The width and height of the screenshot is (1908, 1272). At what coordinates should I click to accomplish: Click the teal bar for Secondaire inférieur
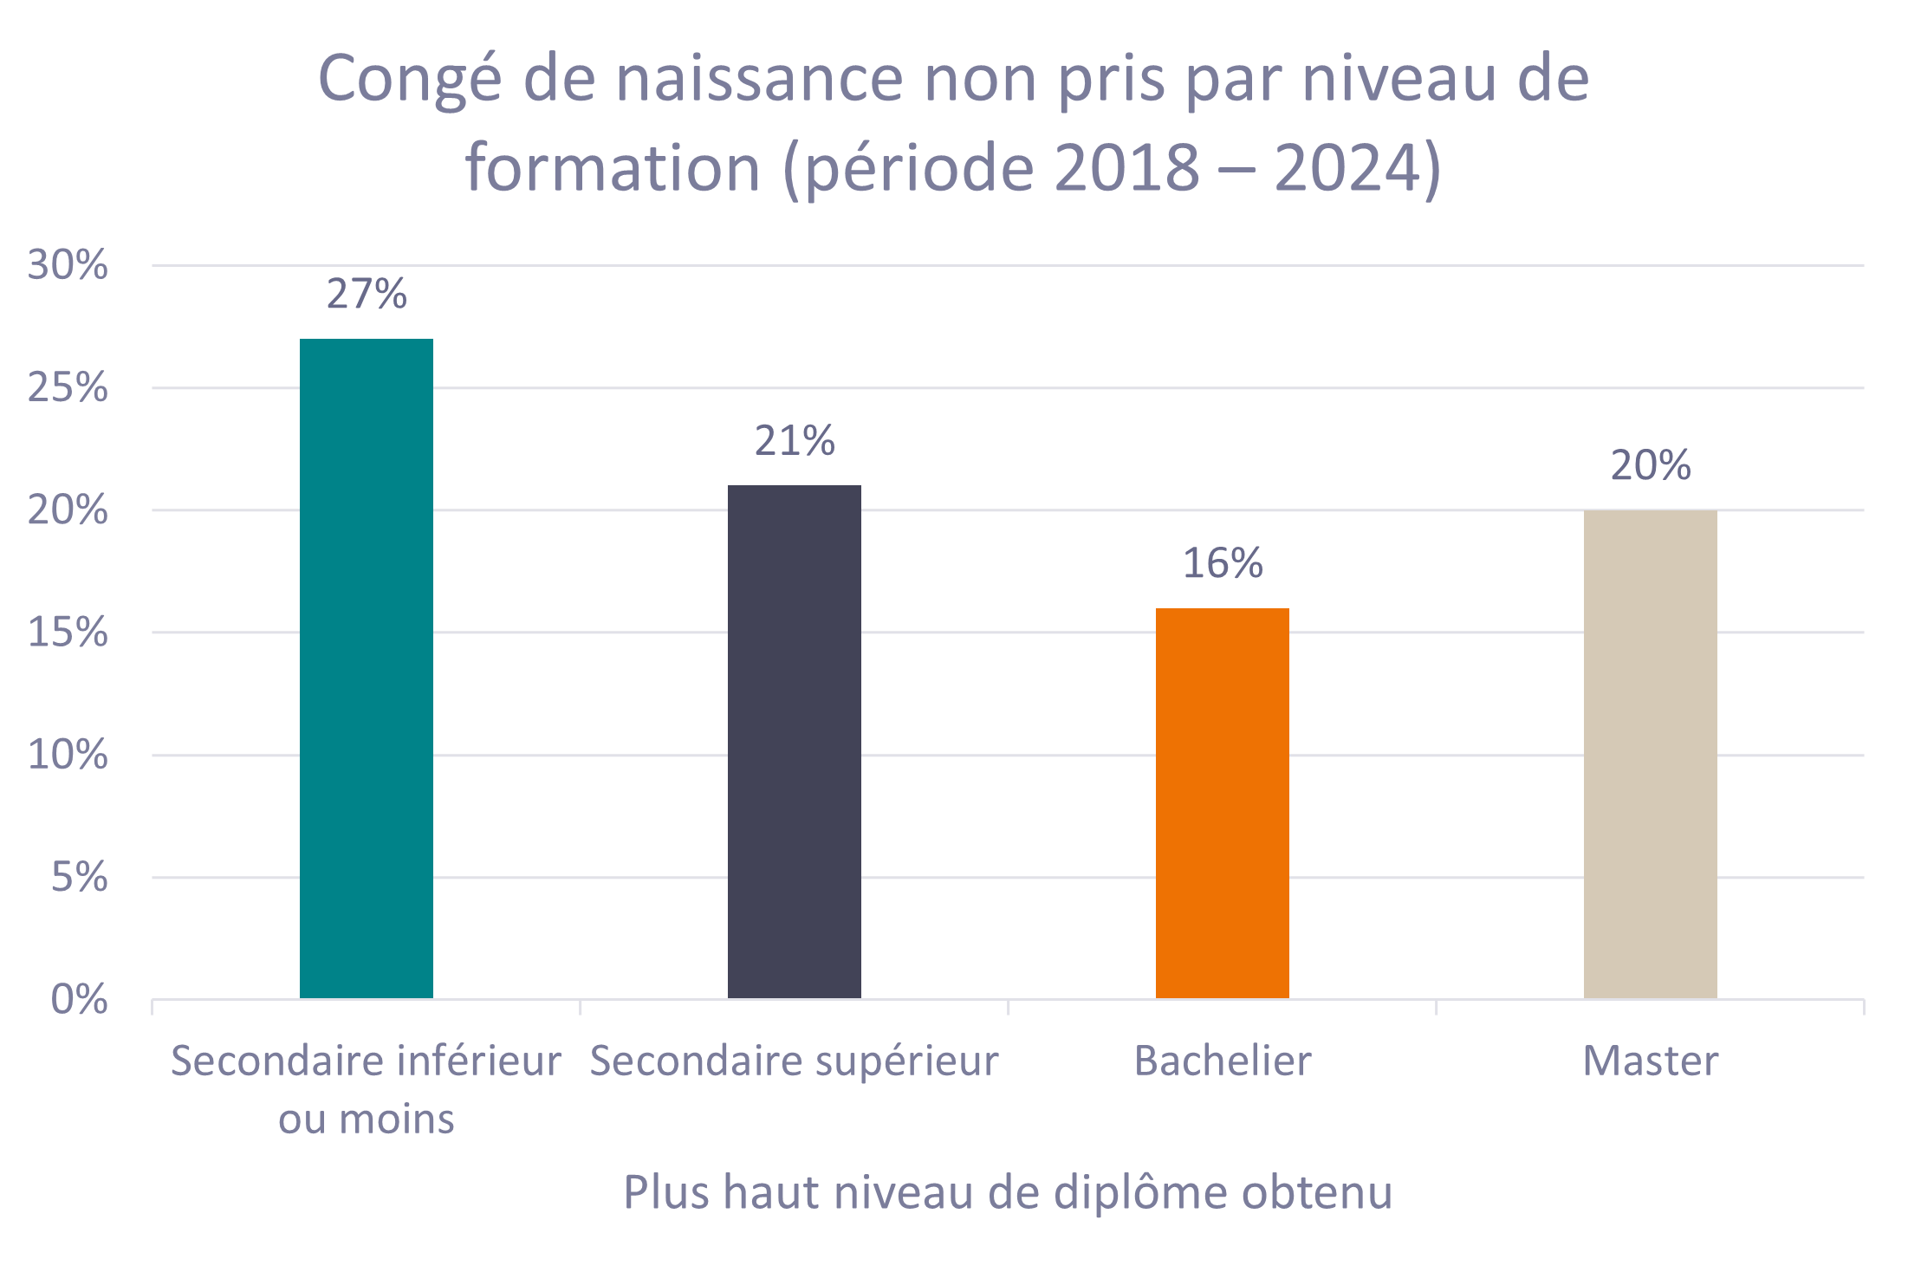366,668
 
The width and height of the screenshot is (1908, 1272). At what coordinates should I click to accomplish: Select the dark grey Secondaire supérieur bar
794,742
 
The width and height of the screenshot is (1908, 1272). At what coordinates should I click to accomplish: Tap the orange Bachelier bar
1222,803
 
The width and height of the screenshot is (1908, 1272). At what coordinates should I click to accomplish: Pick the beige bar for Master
1650,754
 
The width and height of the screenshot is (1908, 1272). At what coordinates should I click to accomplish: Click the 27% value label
367,295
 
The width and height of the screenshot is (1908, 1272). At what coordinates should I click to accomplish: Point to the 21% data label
795,442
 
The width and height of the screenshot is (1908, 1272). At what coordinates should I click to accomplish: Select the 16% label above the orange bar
1223,564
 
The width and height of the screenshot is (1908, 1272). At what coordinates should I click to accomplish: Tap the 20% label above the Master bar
1651,466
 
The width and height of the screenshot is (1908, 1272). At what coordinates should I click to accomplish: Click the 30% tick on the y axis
68,266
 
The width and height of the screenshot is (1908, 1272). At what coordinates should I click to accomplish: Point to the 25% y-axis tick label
68,389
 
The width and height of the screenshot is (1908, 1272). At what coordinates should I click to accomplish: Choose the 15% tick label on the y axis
68,634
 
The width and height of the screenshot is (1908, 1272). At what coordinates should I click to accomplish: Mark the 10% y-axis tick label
68,756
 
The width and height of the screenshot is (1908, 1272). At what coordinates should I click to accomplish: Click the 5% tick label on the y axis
79,879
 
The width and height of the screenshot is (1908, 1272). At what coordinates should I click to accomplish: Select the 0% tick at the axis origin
79,1001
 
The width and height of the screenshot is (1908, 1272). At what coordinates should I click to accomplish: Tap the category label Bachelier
1223,1061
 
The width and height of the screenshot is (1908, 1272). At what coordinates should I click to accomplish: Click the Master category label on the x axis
1650,1061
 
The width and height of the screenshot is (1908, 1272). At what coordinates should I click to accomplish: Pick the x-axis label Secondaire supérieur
794,1061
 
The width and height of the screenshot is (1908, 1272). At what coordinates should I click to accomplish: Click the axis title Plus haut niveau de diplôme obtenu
1008,1193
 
